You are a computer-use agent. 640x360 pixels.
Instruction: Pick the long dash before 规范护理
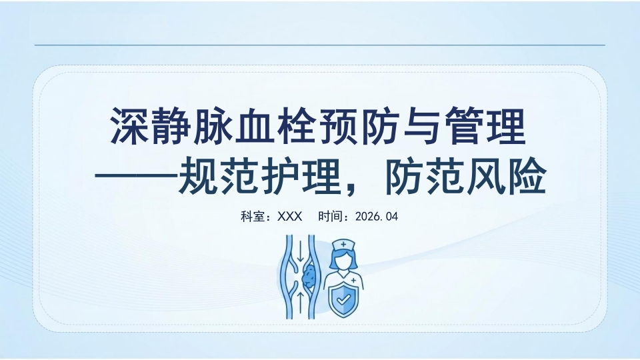coord(136,177)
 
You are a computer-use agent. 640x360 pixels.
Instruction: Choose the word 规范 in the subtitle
coord(219,176)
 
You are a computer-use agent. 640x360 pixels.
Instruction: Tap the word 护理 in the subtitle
coord(301,176)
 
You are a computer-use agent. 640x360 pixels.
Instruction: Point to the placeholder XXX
coord(290,216)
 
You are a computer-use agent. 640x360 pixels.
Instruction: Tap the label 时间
coord(330,216)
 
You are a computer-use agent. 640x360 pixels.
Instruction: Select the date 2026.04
coord(376,216)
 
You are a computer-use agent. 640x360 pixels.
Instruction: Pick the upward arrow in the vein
coord(301,303)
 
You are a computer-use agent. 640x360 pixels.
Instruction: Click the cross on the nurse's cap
coord(343,245)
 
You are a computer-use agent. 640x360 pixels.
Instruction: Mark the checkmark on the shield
coord(344,299)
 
